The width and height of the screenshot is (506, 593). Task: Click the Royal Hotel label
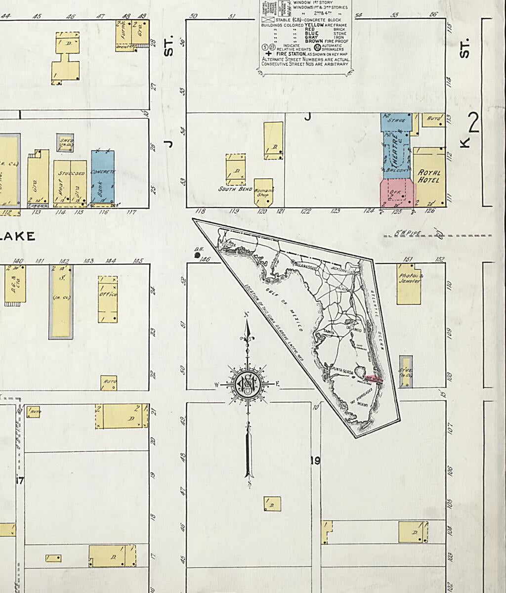429,176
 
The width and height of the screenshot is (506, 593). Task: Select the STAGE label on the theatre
396,120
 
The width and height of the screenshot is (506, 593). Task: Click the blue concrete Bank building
103,178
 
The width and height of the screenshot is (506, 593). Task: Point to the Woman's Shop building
263,192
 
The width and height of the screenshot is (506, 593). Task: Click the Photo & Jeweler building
409,284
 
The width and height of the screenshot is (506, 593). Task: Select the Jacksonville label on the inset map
342,271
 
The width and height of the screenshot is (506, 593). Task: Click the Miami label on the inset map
363,405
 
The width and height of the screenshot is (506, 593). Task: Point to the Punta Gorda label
340,369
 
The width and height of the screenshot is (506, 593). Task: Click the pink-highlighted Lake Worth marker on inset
374,379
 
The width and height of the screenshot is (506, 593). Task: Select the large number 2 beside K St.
473,124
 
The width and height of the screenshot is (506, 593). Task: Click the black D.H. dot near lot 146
198,255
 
